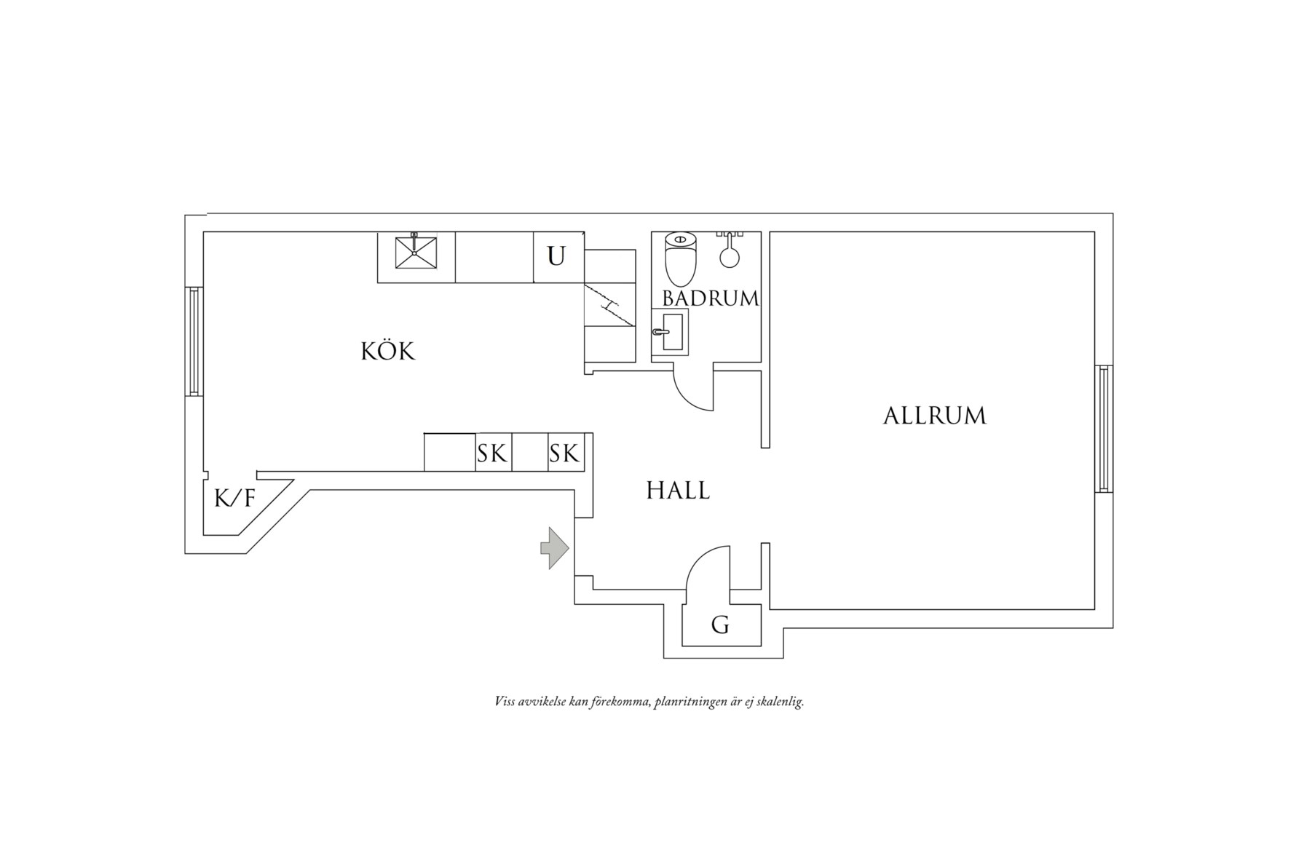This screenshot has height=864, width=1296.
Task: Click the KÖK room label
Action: pyautogui.click(x=388, y=351)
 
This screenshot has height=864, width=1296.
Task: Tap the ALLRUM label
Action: pyautogui.click(x=934, y=416)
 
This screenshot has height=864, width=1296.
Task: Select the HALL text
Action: pyautogui.click(x=678, y=491)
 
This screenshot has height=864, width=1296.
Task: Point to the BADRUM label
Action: pyautogui.click(x=710, y=298)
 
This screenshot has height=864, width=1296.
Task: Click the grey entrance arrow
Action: pyautogui.click(x=555, y=547)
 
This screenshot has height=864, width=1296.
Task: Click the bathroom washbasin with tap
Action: pyautogui.click(x=670, y=331)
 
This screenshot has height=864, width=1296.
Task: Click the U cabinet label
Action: pyautogui.click(x=556, y=256)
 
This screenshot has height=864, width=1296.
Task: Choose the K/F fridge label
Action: pyautogui.click(x=234, y=499)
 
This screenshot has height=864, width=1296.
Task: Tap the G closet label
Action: pyautogui.click(x=720, y=625)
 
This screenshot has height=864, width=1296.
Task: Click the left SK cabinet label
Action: pyautogui.click(x=492, y=454)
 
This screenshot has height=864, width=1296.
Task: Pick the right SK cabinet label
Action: pyautogui.click(x=564, y=454)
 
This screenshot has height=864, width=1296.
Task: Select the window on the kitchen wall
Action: pyautogui.click(x=194, y=341)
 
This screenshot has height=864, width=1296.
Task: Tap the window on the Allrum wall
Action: pyautogui.click(x=1104, y=429)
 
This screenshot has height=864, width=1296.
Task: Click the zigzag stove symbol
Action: pyautogui.click(x=609, y=306)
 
